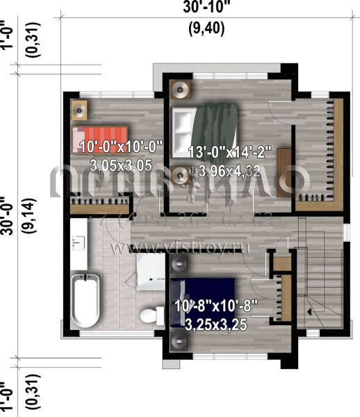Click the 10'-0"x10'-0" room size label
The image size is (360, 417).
pyautogui.click(x=121, y=147)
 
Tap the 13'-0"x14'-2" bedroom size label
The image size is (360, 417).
pyautogui.click(x=230, y=152)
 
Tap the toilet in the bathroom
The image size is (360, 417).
pyautogui.click(x=149, y=316)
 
